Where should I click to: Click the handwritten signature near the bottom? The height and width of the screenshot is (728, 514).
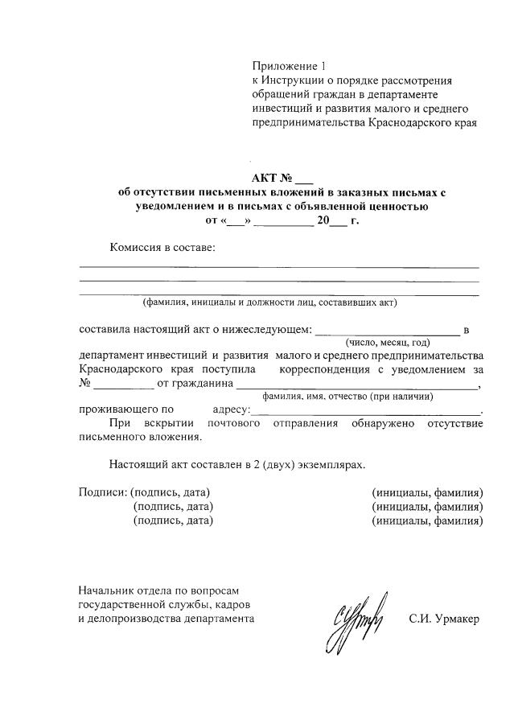tap(356, 622)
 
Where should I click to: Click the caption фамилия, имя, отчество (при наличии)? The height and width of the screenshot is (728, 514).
tap(348, 397)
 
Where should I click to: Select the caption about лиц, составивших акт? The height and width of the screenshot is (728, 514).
tap(269, 303)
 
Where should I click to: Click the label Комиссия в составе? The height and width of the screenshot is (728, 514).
tap(162, 247)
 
